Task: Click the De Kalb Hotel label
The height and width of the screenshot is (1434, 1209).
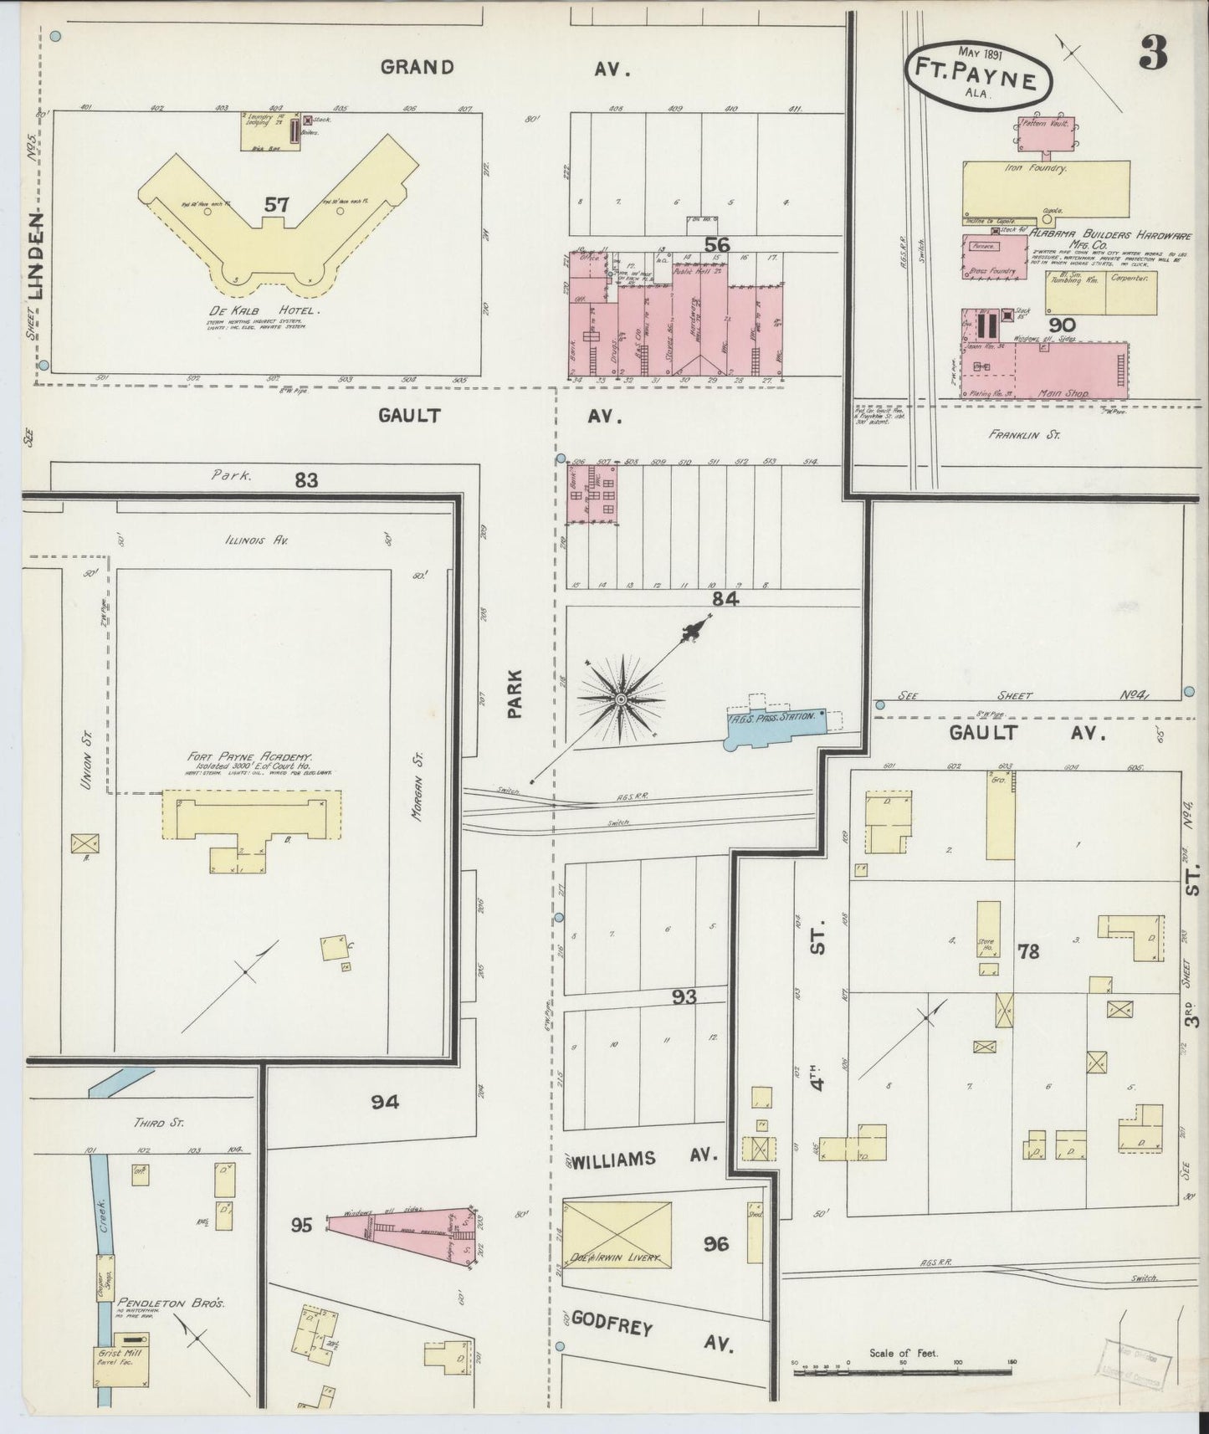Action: [254, 310]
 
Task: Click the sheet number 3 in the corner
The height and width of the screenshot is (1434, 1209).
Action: [1153, 55]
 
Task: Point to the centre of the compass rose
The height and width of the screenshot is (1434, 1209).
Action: [622, 699]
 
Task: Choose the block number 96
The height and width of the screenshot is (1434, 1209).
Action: [715, 1244]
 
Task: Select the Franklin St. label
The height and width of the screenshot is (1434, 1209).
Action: [1023, 434]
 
